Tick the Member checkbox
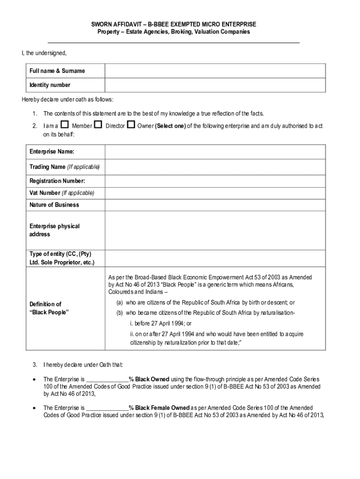click(65, 125)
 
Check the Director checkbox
click(98, 125)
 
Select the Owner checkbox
click(131, 125)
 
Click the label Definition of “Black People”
click(49, 308)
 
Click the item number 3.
click(35, 365)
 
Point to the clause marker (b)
click(120, 313)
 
